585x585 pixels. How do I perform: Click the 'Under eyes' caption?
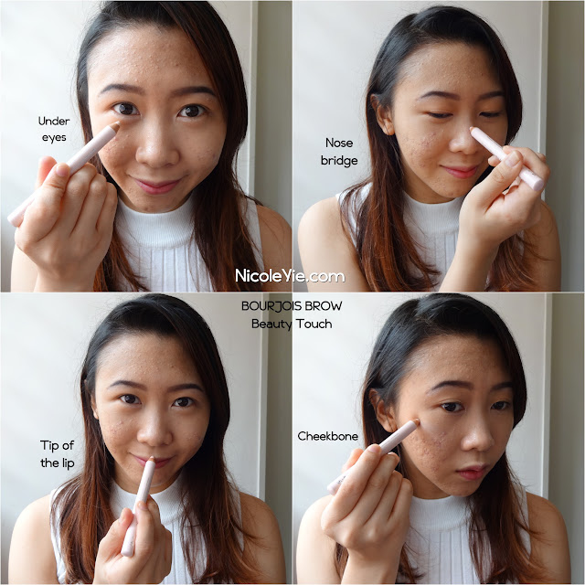click(54, 129)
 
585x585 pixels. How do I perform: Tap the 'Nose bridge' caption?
click(339, 152)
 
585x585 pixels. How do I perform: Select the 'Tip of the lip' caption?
click(57, 454)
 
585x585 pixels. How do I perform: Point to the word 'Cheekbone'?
click(327, 436)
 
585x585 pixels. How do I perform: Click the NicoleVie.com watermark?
click(290, 276)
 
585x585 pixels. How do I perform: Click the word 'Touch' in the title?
click(314, 324)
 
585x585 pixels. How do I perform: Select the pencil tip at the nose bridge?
click(473, 131)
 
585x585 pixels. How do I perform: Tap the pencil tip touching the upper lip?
click(152, 459)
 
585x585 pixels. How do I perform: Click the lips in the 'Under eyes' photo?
click(156, 185)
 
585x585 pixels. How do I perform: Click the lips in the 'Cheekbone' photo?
click(471, 472)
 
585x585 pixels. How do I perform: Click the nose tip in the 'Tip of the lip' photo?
click(154, 436)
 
